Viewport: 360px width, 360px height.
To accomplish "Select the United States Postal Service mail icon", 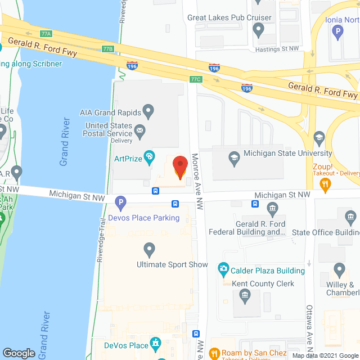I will coord(140,133).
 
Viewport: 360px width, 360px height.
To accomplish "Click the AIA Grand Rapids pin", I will coord(149,110).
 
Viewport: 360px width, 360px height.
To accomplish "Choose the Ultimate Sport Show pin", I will coord(149,248).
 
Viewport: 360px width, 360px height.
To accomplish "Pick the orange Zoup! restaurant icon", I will coord(325,186).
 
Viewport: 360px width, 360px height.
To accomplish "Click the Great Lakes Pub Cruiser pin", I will coord(259,31).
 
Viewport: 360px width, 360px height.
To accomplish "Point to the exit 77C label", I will coord(196,79).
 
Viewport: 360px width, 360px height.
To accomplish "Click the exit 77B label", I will coord(108,49).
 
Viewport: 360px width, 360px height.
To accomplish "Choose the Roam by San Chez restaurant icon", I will coord(213,354).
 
